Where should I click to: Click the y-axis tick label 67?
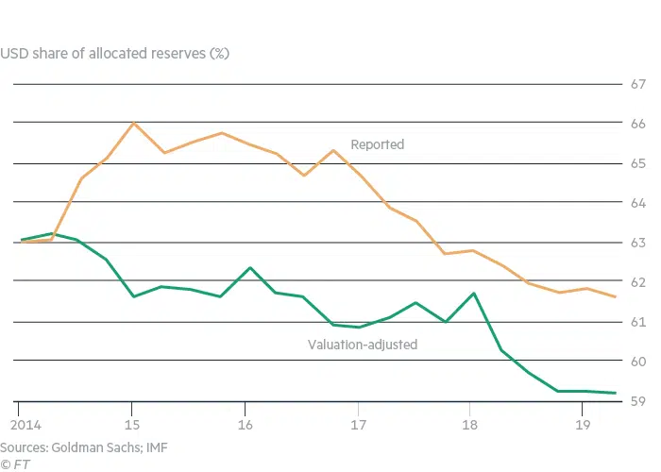click(x=638, y=84)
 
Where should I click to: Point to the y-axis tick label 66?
click(x=638, y=124)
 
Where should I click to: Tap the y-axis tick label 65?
click(x=638, y=163)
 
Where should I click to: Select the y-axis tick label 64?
click(x=638, y=203)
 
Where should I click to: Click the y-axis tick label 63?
click(x=638, y=243)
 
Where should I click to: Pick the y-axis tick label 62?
click(x=638, y=282)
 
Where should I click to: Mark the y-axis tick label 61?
click(x=638, y=322)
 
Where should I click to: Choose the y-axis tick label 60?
click(x=638, y=362)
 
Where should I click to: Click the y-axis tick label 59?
click(x=638, y=401)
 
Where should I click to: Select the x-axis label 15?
click(x=132, y=423)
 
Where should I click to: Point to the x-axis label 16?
click(x=246, y=423)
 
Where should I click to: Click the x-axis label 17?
click(x=359, y=423)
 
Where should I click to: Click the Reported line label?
click(x=377, y=144)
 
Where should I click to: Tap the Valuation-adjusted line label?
click(x=363, y=345)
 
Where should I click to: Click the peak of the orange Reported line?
click(x=133, y=124)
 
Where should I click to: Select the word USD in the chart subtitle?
click(x=14, y=53)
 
